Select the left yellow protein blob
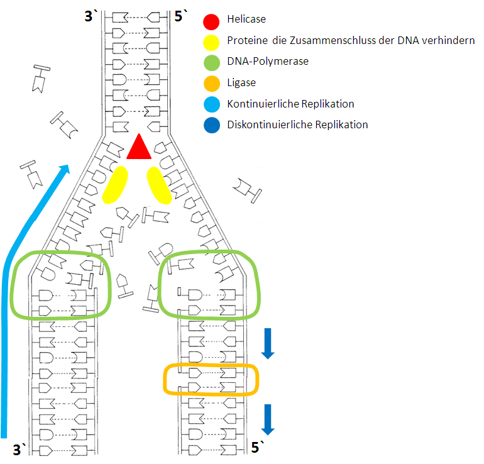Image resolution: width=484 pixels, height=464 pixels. pos(115,185)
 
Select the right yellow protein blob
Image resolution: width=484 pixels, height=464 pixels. pos(159,185)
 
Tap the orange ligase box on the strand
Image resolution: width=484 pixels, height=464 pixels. pos(164,380)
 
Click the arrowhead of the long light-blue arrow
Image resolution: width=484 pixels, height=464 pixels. pos(65,169)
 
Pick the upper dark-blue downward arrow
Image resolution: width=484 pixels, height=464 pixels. pos(268,344)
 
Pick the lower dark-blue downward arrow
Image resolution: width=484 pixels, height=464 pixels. pos(268,419)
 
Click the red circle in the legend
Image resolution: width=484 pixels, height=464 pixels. pos(211,22)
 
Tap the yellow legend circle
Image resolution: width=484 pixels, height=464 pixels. pos(211,43)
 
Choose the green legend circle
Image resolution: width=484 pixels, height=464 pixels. pos(212,63)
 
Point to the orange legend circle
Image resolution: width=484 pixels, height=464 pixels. pos(212,84)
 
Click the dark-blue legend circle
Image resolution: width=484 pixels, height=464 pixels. pos(212,125)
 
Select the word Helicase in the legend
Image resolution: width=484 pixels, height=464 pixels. pos(246,19)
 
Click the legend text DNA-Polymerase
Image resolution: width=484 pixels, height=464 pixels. pos(268,61)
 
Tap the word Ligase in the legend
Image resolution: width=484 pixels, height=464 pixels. pos(241,83)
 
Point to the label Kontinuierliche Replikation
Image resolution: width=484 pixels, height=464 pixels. pos(290,104)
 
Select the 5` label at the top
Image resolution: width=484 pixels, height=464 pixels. pos(180,16)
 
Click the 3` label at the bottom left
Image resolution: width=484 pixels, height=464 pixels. pos(19,450)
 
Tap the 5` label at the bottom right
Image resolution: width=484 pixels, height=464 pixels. pos(258,447)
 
